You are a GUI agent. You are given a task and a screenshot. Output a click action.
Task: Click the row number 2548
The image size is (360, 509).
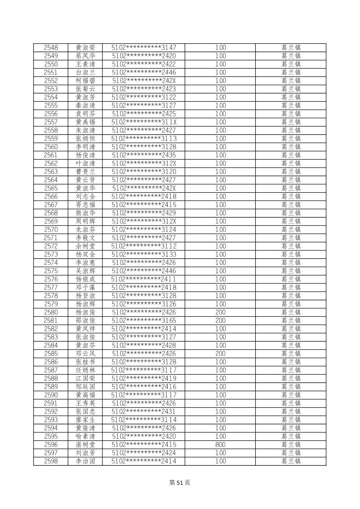coord(51,48)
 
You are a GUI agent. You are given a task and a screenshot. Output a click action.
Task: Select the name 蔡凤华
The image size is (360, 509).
coord(85,56)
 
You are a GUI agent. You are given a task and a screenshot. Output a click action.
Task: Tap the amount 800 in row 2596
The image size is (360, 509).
coord(220,445)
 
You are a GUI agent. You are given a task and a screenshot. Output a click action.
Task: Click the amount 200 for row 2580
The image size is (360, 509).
coord(220,312)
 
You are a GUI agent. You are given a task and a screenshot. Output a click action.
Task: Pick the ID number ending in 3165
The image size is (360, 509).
coord(144,320)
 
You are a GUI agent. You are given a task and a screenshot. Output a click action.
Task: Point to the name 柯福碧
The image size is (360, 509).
coord(85,81)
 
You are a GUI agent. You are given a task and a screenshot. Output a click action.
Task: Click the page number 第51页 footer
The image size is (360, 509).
coord(180,483)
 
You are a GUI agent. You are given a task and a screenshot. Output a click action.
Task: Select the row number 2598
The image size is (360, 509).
coord(51,461)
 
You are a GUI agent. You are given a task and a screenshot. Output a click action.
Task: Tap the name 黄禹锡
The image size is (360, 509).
coord(85,122)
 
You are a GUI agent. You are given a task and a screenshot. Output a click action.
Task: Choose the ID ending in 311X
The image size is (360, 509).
coord(144,122)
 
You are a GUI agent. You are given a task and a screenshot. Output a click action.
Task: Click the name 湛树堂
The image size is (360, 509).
coord(85,445)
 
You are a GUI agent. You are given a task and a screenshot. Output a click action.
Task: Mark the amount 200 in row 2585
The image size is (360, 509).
coord(220,354)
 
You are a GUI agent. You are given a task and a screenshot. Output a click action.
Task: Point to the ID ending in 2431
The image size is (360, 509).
coord(144,412)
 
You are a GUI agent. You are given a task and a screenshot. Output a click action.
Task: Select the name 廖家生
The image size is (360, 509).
coord(85,420)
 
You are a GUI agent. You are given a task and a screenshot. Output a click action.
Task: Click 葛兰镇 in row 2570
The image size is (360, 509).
coord(291,229)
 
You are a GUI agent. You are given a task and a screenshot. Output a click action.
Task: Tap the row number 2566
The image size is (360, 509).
coord(51,197)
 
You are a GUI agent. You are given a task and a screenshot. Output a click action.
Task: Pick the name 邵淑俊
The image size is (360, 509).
coord(85,320)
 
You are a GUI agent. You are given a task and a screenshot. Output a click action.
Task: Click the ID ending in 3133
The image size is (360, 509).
coord(144,254)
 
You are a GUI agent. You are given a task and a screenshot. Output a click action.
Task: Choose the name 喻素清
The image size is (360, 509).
coord(85,436)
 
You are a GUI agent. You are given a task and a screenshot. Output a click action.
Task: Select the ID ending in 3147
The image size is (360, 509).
coord(144,48)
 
